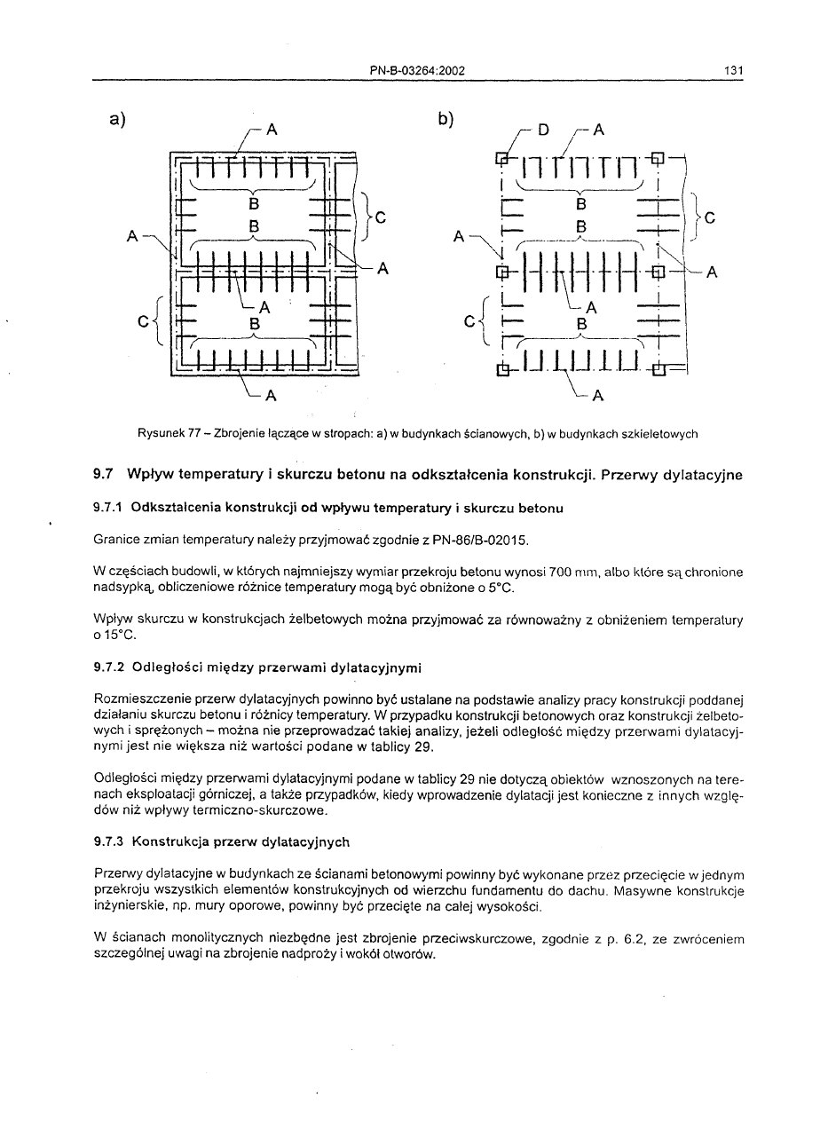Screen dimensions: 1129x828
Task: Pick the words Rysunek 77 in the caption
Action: pyautogui.click(x=163, y=434)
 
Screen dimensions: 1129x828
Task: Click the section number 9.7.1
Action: pyautogui.click(x=108, y=509)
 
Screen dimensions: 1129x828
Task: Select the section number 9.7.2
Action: pyautogui.click(x=108, y=667)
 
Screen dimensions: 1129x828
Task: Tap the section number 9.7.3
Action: pyautogui.click(x=108, y=841)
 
